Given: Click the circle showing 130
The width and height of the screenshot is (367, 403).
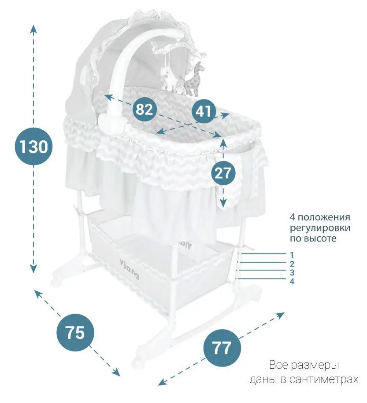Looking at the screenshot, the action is coord(33,147).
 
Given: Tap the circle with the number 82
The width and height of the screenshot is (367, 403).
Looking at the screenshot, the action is coord(145,109).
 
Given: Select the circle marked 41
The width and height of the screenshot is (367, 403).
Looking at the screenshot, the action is coord(203,111).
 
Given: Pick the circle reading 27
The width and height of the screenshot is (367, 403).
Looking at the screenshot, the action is coord(223,173).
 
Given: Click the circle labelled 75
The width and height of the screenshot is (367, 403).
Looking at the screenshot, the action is coord(75,333).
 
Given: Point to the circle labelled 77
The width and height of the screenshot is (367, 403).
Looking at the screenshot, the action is coord(222,348).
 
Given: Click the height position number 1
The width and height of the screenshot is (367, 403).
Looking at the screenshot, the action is coord(292,255).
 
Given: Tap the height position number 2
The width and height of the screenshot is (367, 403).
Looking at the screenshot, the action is coord(292,264).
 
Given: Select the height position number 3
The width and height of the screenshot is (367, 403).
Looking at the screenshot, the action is coord(292,272).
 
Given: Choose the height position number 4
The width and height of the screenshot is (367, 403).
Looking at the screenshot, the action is coord(292,282).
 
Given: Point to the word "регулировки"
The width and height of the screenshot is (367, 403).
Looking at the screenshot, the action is coord(320,228).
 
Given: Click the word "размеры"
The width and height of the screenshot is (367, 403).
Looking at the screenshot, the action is coord(316,365).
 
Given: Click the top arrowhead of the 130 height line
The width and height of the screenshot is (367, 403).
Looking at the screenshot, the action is coord(33,29).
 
